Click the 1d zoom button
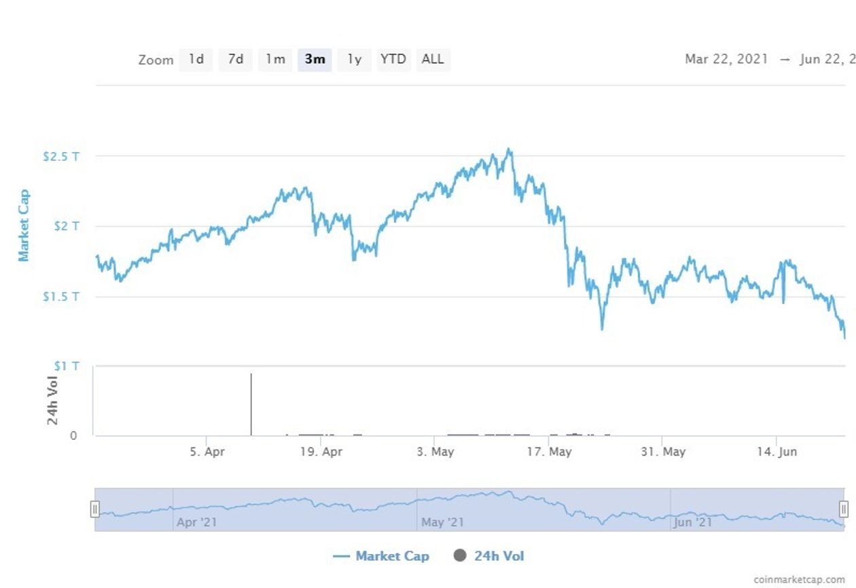click(x=196, y=59)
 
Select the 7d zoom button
click(x=236, y=59)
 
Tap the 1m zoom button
click(x=275, y=59)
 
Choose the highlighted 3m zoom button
click(x=315, y=59)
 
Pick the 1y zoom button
click(x=354, y=59)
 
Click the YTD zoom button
click(x=393, y=59)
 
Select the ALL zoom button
click(x=433, y=59)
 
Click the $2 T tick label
click(x=67, y=226)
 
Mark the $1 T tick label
click(x=67, y=366)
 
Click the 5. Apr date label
click(x=207, y=452)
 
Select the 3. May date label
click(x=435, y=452)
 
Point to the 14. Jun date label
click(x=777, y=452)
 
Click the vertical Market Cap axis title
click(x=24, y=226)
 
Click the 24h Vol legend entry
click(x=489, y=556)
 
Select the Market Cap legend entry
click(x=381, y=556)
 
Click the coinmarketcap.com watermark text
click(x=799, y=579)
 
